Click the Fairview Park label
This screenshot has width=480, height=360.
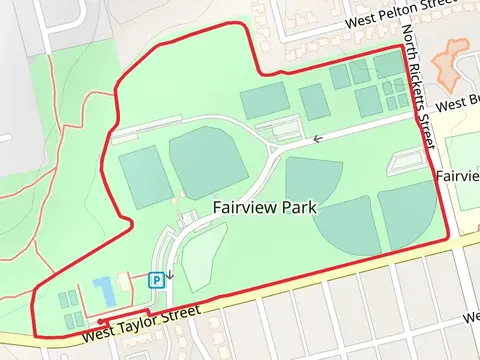pyautogui.click(x=264, y=208)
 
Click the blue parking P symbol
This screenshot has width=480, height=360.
pyautogui.click(x=156, y=281)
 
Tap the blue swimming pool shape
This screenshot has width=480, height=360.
pyautogui.click(x=104, y=292)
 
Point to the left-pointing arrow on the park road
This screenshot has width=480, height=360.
pyautogui.click(x=317, y=139)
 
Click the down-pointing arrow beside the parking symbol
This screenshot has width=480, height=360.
pyautogui.click(x=169, y=273)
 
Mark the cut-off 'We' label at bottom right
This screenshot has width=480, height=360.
pyautogui.click(x=470, y=318)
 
